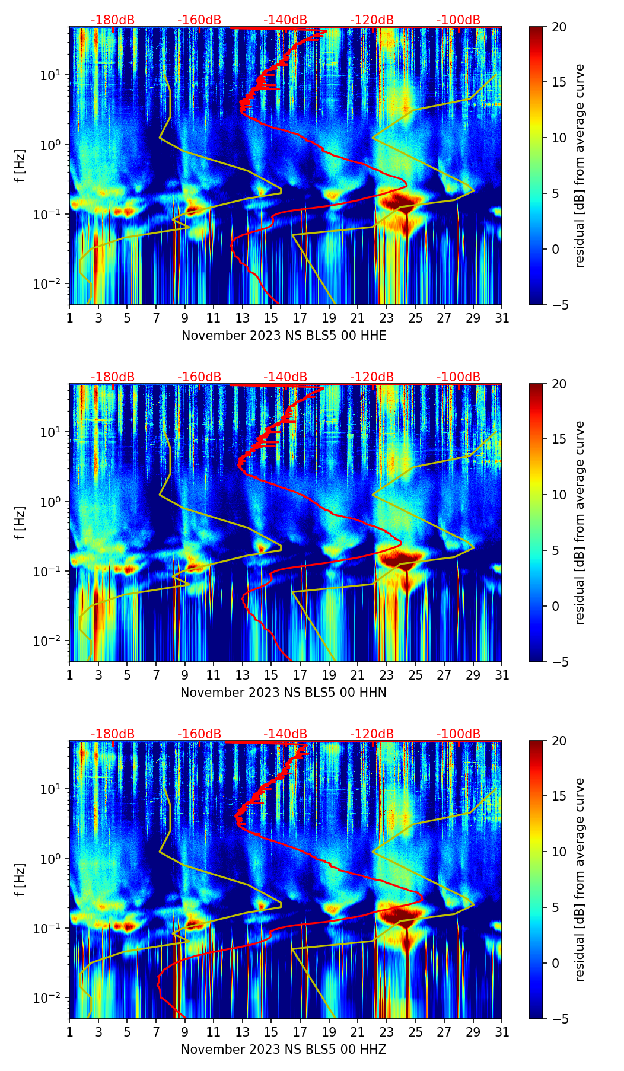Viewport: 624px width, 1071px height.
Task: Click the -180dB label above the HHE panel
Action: pyautogui.click(x=113, y=20)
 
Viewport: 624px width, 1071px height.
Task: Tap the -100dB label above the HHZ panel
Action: pyautogui.click(x=459, y=734)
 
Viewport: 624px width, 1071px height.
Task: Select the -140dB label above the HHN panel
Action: pyautogui.click(x=285, y=377)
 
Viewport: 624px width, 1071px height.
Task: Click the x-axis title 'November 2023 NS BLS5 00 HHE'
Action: pyautogui.click(x=284, y=336)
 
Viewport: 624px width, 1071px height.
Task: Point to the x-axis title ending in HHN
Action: pyautogui.click(x=284, y=693)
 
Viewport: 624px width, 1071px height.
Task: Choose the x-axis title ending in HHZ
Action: pyautogui.click(x=284, y=1050)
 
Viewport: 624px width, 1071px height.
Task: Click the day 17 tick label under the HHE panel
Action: pyautogui.click(x=300, y=318)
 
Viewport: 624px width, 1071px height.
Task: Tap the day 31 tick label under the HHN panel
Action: pyautogui.click(x=502, y=675)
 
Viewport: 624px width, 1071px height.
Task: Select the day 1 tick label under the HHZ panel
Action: pyautogui.click(x=70, y=1032)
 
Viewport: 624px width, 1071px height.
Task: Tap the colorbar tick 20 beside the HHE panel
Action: pyautogui.click(x=559, y=27)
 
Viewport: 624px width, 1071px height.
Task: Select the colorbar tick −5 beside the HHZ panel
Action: pyautogui.click(x=559, y=1019)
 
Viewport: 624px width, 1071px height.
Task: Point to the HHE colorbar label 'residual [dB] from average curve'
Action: pyautogui.click(x=580, y=166)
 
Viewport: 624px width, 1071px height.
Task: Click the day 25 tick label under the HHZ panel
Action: pyautogui.click(x=415, y=1032)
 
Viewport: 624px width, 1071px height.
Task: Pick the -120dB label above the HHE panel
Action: pyautogui.click(x=372, y=20)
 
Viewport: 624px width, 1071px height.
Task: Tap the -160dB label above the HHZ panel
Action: pyautogui.click(x=199, y=734)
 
